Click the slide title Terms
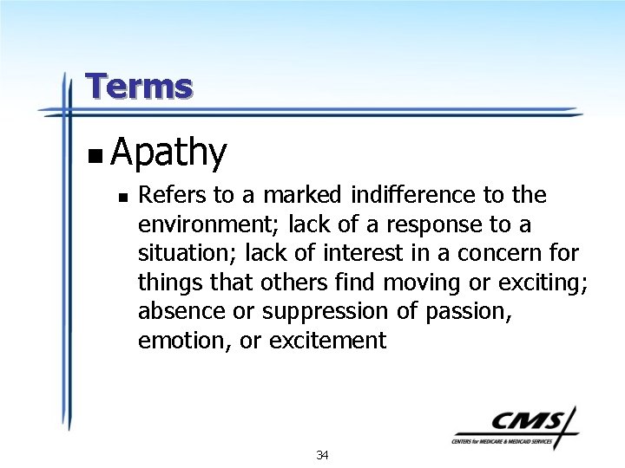pos(139,87)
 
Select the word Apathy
pos(168,153)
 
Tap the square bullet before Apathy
pos(95,157)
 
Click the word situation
pos(185,253)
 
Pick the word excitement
pos(327,341)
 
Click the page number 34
pos(322,455)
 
